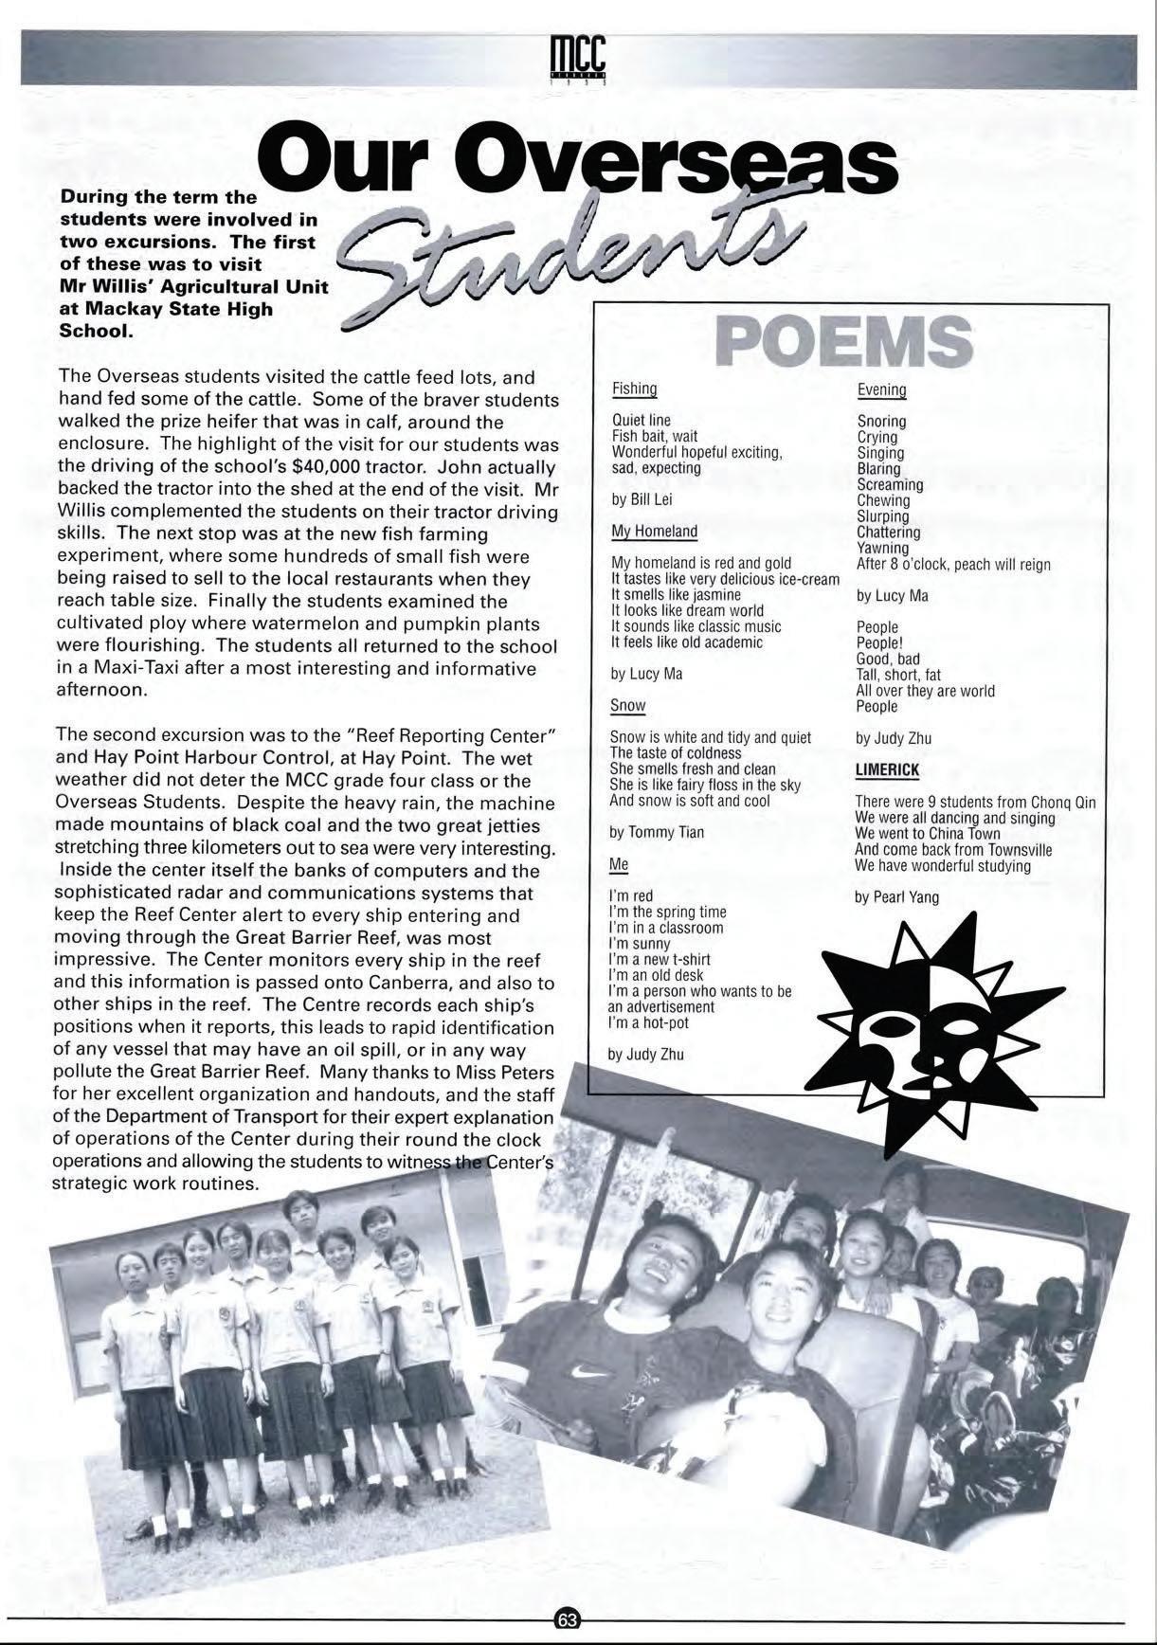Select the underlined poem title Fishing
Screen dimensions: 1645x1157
pyautogui.click(x=634, y=389)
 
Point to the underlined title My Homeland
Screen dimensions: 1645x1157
pyautogui.click(x=654, y=532)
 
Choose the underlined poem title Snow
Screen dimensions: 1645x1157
pyautogui.click(x=627, y=706)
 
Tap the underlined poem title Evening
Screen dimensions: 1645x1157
pyautogui.click(x=881, y=390)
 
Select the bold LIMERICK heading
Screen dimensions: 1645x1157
pyautogui.click(x=887, y=769)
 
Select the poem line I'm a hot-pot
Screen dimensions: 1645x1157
pyautogui.click(x=648, y=1023)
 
